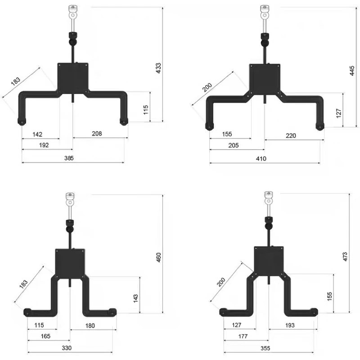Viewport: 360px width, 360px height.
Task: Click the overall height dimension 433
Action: point(158,68)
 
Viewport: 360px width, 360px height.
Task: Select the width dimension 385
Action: point(69,158)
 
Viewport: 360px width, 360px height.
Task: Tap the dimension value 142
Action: point(37,134)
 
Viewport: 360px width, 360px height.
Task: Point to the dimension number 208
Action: point(97,133)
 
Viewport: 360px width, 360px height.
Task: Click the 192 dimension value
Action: point(44,145)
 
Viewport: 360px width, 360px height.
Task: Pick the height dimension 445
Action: point(352,71)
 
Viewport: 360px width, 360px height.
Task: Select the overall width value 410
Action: point(261,158)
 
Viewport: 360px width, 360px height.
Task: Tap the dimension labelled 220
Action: point(291,135)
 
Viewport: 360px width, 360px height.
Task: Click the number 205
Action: point(234,145)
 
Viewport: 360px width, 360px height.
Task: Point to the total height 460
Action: point(158,257)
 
